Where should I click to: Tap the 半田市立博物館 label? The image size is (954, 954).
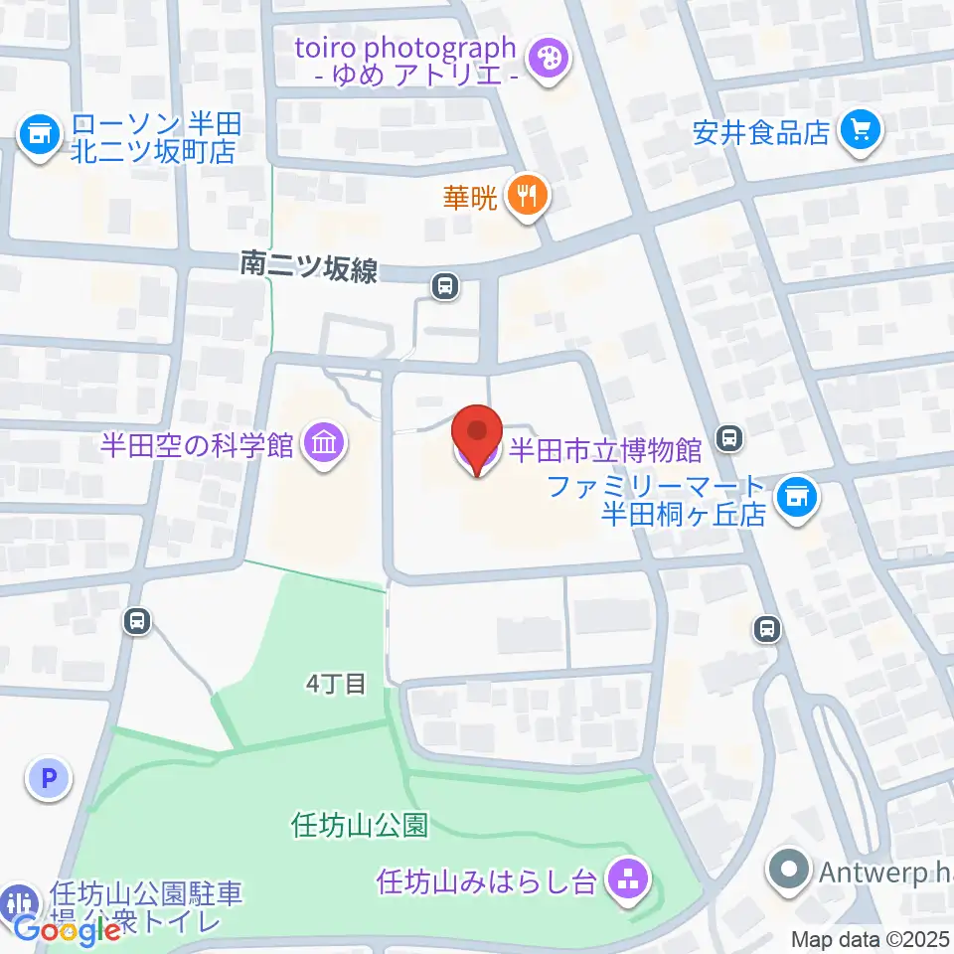point(606,450)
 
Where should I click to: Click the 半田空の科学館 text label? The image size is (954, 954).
point(197,443)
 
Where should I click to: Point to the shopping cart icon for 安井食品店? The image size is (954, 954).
point(860,131)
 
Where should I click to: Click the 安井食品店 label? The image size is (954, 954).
point(761,132)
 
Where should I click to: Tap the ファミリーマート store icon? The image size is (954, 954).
point(796,494)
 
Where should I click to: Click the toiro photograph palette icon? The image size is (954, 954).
point(546,60)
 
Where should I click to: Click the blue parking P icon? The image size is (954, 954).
point(48,777)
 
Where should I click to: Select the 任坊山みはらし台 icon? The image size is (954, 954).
point(627,878)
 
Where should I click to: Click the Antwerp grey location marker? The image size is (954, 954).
point(791,874)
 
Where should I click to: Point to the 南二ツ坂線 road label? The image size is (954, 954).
point(309,266)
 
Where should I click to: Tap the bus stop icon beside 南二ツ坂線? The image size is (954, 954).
point(445,287)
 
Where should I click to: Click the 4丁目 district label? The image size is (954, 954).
point(335,684)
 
